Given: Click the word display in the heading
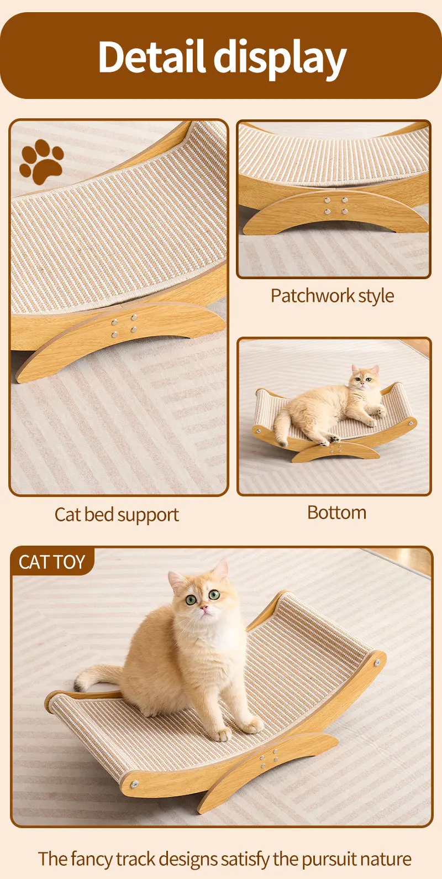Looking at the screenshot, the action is coord(280,59).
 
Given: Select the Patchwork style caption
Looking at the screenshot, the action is coord(332,296).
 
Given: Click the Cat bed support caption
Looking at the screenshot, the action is coord(117,515).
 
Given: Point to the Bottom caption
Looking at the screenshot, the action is coord(336,512).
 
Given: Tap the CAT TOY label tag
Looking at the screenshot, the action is coord(52,562).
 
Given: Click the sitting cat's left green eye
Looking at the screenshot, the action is coord(191,600).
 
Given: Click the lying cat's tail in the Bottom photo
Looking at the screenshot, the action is coord(281,427).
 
